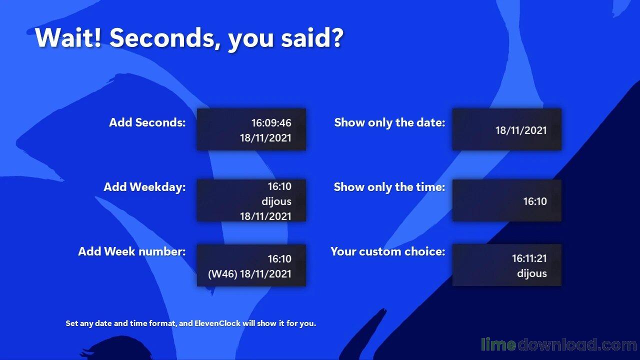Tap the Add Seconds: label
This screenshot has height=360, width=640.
147,122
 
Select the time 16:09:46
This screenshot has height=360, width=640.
271,123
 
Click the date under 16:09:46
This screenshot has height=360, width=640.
265,138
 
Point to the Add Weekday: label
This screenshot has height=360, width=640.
144,187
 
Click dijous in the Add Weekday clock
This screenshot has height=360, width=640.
276,201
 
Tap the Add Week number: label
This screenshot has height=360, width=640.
131,251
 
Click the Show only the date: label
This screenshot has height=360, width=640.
389,122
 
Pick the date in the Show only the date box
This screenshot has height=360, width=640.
521,130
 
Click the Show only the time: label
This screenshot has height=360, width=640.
389,187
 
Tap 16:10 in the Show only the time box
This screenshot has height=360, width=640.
535,201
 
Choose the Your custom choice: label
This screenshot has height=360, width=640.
387,251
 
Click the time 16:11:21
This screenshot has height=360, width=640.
529,258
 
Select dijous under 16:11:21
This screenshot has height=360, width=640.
532,273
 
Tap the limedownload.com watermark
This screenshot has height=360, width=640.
558,344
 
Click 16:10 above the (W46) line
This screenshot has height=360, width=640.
279,259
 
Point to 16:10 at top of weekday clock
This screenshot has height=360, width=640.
279,186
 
